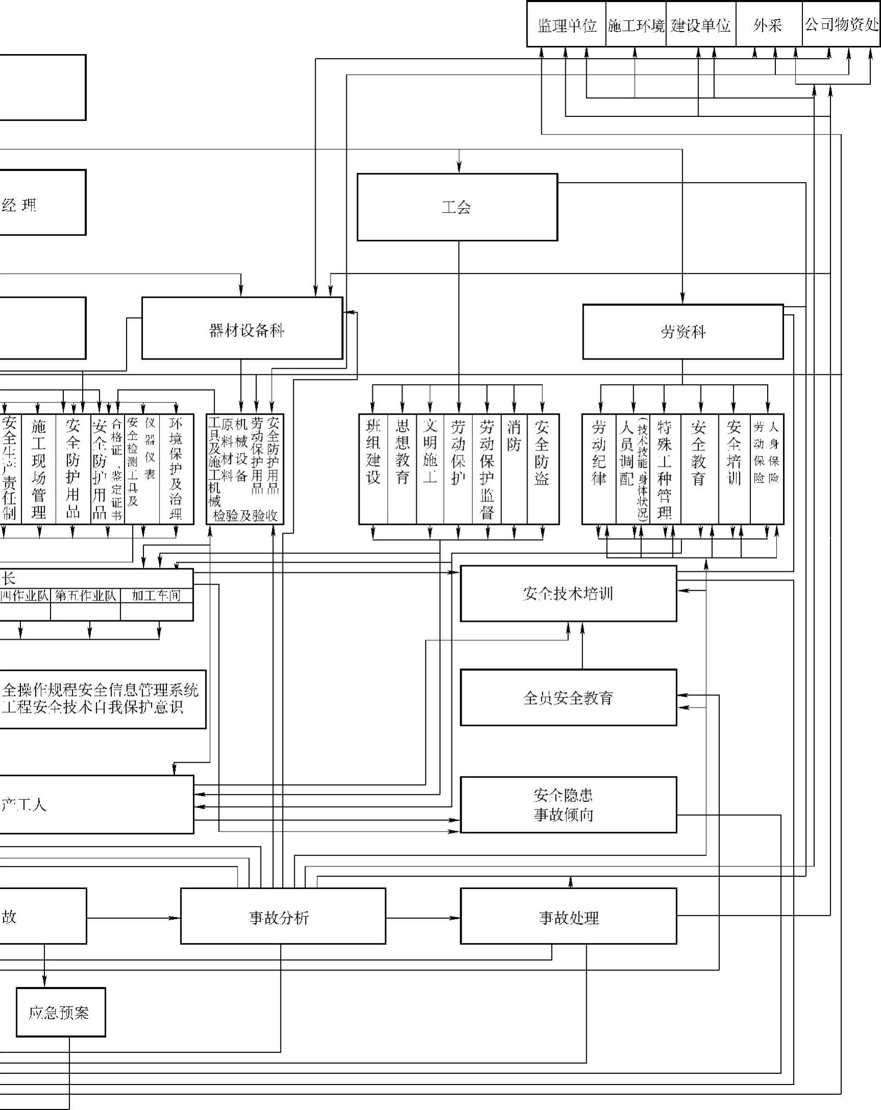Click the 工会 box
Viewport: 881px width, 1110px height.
tap(457, 207)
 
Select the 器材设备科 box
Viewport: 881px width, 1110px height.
tap(242, 329)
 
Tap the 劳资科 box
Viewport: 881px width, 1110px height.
tap(683, 332)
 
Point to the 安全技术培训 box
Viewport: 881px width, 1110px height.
tap(568, 594)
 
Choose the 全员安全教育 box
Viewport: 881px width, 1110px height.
tap(568, 698)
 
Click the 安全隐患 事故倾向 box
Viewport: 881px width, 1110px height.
tap(568, 804)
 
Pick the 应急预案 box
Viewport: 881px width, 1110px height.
tap(61, 1013)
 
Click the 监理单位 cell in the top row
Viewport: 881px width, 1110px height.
tap(566, 24)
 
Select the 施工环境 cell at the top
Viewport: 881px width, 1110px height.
tap(636, 24)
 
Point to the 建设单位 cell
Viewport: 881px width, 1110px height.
tap(701, 24)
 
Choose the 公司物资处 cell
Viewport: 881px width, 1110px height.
tap(841, 24)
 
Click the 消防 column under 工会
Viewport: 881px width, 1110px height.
tap(514, 469)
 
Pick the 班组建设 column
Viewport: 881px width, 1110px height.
tap(373, 469)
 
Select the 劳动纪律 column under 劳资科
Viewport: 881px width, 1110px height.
tap(599, 469)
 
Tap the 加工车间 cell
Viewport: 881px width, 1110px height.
tap(157, 596)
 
